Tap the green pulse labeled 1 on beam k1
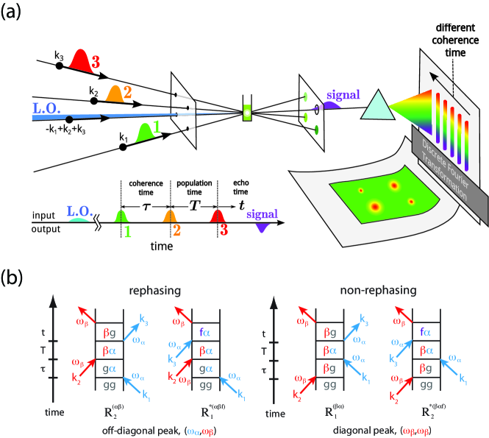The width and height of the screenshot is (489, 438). pyautogui.click(x=149, y=133)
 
